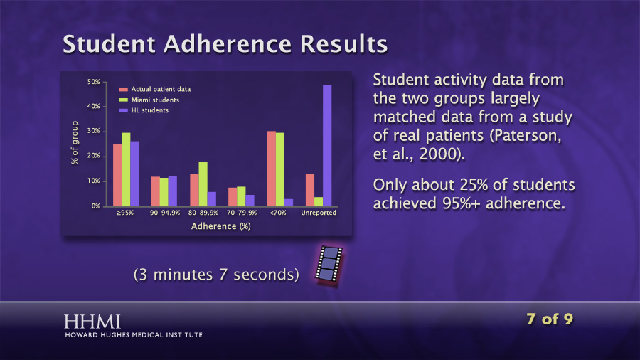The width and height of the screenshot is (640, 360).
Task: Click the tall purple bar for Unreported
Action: (327, 145)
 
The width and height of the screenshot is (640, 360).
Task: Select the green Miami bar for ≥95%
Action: (126, 169)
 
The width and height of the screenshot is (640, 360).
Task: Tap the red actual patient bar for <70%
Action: (272, 168)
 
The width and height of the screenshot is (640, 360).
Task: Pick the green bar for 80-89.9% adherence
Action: (203, 184)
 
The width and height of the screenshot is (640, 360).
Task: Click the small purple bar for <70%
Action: (289, 203)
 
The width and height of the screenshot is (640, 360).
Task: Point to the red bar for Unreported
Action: (310, 190)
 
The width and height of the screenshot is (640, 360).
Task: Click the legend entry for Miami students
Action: (149, 100)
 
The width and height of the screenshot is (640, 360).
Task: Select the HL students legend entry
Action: (144, 110)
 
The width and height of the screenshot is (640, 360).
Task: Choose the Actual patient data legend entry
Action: (155, 89)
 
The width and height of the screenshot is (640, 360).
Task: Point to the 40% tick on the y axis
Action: (93, 106)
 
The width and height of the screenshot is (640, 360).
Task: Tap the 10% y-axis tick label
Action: (93, 181)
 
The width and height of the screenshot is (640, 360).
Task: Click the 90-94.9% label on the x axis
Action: (165, 213)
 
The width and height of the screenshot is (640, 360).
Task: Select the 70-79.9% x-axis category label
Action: (242, 213)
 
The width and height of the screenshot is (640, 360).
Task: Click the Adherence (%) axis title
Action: (221, 226)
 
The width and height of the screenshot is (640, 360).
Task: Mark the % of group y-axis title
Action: (74, 142)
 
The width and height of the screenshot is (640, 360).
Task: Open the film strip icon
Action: (329, 264)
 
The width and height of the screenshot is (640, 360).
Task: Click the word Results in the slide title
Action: (343, 43)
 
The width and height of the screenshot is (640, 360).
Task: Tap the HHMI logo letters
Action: (92, 322)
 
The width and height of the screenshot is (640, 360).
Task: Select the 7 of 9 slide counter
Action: (550, 319)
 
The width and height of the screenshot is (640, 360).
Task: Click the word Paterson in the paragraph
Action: (526, 135)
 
